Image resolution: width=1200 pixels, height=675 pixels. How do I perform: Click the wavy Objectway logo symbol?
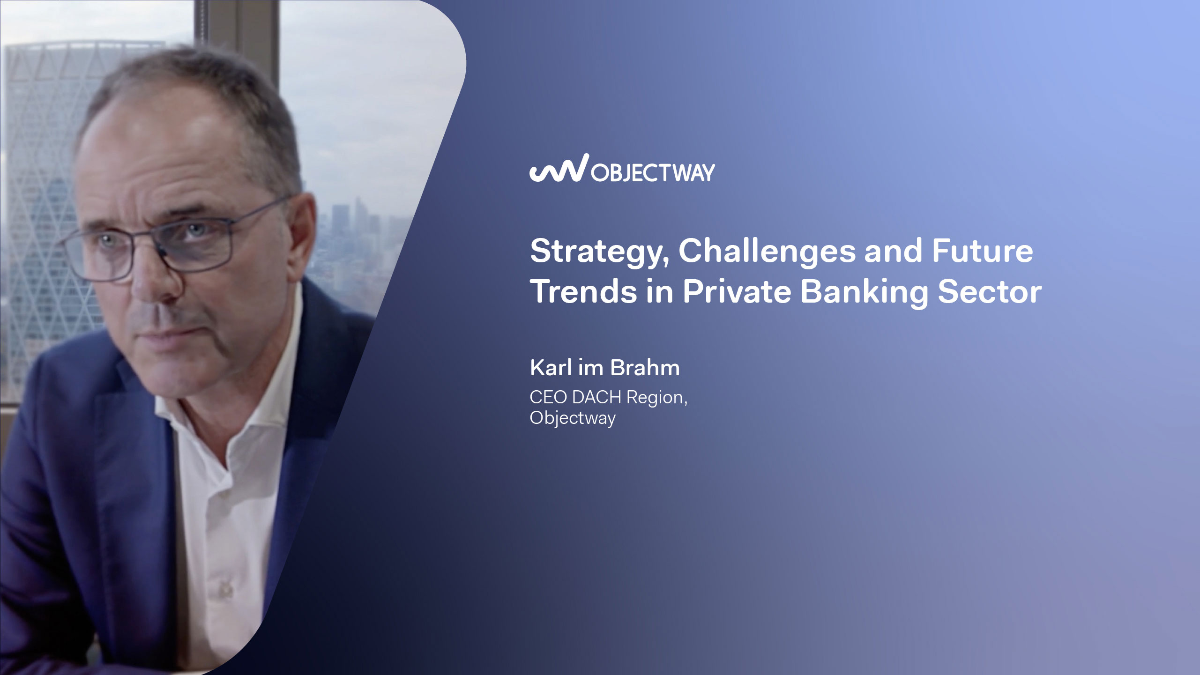[x=559, y=167]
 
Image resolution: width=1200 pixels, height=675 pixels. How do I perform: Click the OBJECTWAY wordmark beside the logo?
[x=653, y=173]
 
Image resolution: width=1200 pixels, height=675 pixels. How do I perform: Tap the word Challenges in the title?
[x=767, y=252]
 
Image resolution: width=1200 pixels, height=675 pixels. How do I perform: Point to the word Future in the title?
[x=982, y=251]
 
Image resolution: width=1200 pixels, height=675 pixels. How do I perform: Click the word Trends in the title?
[x=584, y=291]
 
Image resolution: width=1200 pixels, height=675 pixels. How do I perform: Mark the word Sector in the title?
[x=990, y=291]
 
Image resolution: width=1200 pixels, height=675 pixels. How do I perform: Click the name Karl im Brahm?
[x=605, y=368]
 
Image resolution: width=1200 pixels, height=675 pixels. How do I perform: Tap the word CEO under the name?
[x=548, y=397]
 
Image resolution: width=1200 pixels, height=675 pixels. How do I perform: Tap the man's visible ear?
[x=300, y=234]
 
